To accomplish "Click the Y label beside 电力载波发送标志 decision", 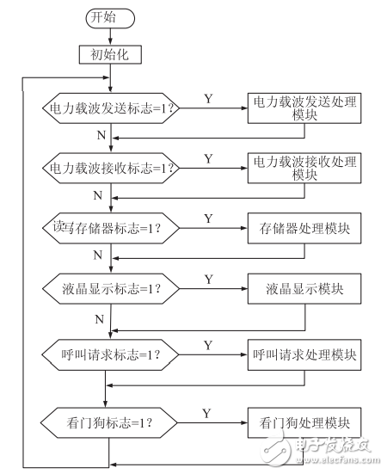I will pyautogui.click(x=208, y=98).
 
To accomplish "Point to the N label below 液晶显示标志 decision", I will pyautogui.click(x=100, y=318).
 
